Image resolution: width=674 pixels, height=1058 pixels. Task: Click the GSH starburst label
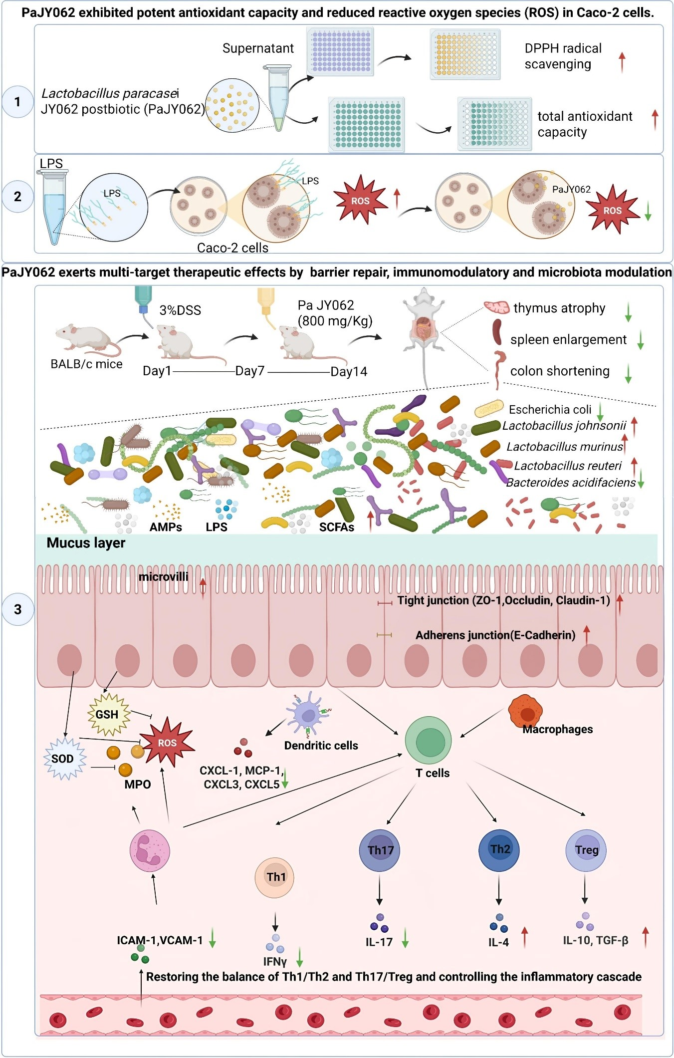click(107, 714)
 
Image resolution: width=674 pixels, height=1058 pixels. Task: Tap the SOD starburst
click(63, 759)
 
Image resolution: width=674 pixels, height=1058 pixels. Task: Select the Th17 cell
click(380, 850)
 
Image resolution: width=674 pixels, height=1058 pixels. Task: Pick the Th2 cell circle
click(499, 849)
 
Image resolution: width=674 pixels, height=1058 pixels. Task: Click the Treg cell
click(586, 850)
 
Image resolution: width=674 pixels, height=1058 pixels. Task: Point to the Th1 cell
click(275, 877)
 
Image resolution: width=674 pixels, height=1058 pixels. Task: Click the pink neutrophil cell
click(150, 851)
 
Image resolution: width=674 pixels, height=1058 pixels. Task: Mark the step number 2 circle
click(18, 197)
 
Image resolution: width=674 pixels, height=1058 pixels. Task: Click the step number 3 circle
click(18, 609)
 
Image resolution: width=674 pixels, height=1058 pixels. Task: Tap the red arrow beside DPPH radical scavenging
click(622, 62)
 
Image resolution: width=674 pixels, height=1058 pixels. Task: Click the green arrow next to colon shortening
click(628, 373)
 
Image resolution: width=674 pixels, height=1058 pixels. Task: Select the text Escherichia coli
click(550, 410)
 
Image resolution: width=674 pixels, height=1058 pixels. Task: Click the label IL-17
click(379, 942)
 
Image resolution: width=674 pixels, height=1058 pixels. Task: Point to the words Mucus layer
click(86, 543)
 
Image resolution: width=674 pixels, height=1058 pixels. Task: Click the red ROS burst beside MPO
click(167, 742)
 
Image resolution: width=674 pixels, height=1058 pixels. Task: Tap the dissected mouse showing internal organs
click(423, 324)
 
